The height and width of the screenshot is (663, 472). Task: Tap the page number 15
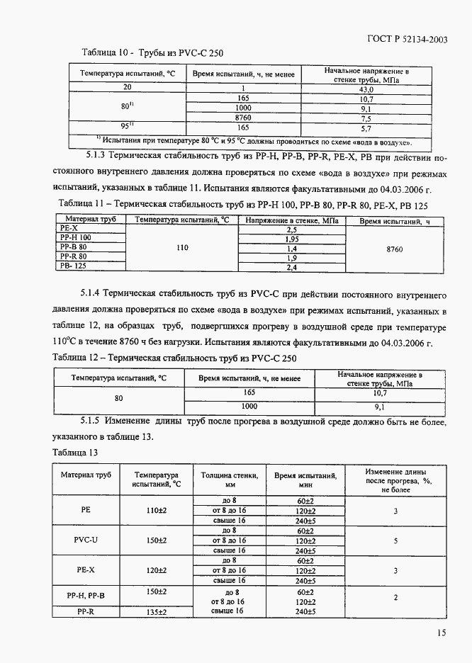click(x=442, y=633)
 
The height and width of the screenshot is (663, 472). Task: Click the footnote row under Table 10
click(x=254, y=141)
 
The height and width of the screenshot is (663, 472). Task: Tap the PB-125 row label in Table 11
click(x=75, y=266)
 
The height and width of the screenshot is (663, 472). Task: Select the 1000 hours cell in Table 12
click(x=249, y=407)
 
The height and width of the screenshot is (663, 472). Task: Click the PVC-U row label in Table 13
click(x=86, y=540)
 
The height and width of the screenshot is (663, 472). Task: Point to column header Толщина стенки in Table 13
click(x=230, y=480)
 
